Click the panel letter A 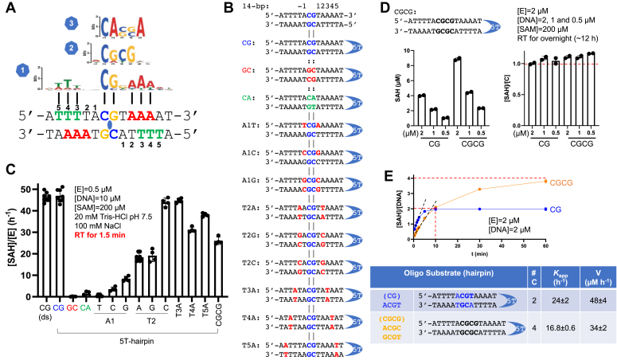(7, 8)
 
